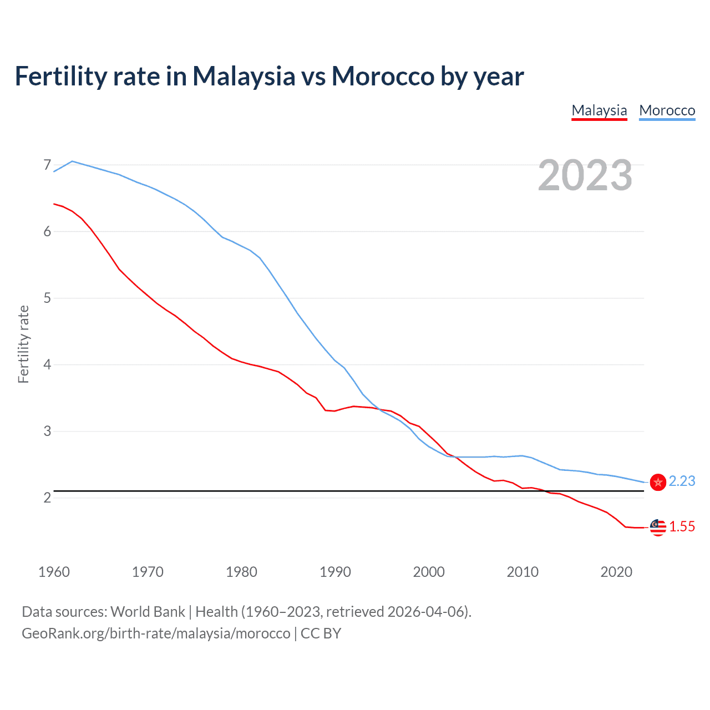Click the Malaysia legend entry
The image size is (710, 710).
pos(599,110)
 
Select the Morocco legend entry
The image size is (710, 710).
pos(667,110)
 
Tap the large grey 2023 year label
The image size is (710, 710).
pos(585,175)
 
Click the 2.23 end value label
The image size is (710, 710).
pos(682,481)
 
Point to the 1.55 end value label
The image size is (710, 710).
pos(682,526)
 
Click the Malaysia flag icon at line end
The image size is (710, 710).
pos(658,528)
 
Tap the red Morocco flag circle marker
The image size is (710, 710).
pos(658,482)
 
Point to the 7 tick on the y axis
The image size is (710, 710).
pos(47,165)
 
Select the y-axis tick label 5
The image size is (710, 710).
pos(47,298)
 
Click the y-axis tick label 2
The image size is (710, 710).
pos(47,498)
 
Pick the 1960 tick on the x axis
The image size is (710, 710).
pos(54,572)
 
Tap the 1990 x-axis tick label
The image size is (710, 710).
pos(335,572)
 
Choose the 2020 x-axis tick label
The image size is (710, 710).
pos(616,572)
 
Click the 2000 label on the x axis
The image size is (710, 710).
pos(429,572)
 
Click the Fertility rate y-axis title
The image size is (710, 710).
pos(23,344)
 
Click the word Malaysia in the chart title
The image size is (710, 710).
pos(244,77)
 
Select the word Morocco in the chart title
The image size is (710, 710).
pos(383,77)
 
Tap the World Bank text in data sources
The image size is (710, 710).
pos(148,612)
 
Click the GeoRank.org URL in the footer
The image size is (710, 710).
pos(156,633)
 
